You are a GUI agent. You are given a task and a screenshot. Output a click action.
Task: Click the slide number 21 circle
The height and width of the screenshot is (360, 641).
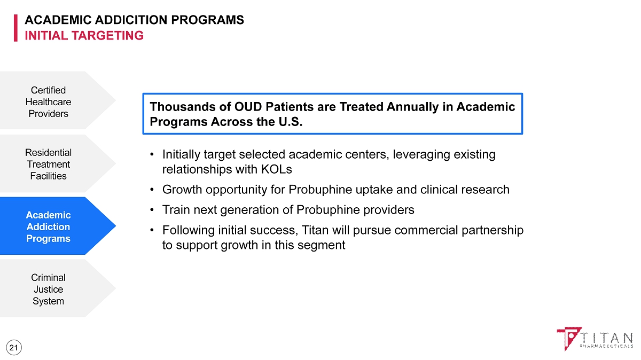tap(13, 348)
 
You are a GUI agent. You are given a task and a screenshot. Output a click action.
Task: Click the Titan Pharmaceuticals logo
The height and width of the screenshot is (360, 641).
tap(595, 339)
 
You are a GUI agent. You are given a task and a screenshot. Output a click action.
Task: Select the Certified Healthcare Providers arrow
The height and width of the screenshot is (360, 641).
tap(57, 100)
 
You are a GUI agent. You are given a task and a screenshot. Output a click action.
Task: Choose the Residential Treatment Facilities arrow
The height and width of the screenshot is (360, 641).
tap(57, 163)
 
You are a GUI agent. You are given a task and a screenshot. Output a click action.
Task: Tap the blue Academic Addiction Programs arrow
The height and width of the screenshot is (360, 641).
tap(57, 226)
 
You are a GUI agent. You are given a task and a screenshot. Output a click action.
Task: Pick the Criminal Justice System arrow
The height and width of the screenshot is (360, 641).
tap(57, 288)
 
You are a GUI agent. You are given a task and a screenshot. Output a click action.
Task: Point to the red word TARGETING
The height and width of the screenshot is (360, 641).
tap(107, 36)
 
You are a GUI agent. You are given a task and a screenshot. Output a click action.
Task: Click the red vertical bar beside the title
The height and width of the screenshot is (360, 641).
tap(15, 28)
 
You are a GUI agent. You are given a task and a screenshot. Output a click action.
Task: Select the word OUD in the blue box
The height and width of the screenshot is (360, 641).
tap(248, 107)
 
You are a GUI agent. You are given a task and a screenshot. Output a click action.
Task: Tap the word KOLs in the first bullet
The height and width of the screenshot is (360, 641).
tap(277, 169)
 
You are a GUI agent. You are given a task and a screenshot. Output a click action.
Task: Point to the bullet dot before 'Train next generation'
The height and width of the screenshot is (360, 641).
tap(152, 210)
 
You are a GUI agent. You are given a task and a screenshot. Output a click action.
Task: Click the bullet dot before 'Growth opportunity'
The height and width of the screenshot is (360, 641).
tap(152, 190)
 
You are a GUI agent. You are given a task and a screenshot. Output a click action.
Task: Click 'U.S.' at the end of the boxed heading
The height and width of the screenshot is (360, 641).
tap(291, 122)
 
